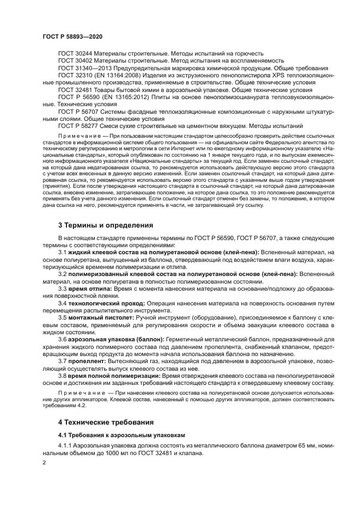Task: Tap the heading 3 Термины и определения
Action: point(105,225)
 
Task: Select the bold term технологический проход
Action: point(105,302)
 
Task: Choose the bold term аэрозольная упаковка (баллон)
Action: point(111,339)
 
